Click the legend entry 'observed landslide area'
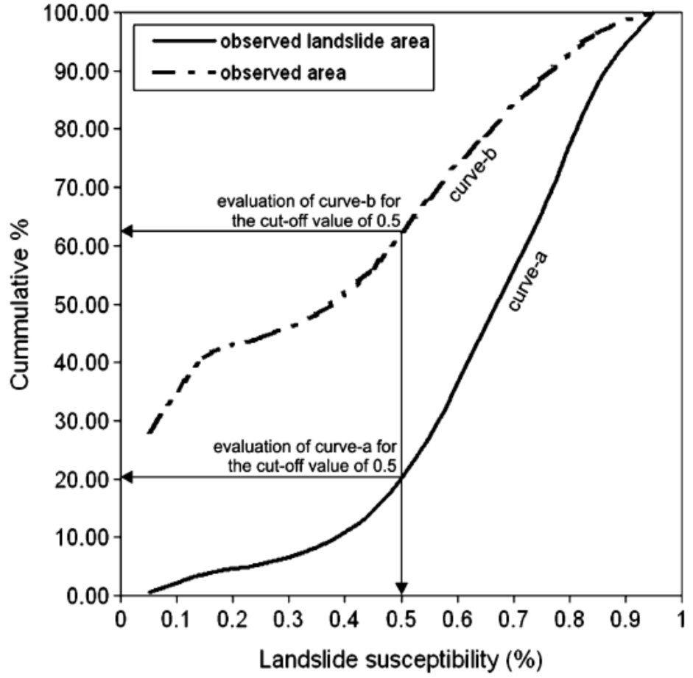324,41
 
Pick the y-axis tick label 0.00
89,595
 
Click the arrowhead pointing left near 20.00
127,478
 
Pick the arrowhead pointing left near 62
127,231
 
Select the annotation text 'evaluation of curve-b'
306,201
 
